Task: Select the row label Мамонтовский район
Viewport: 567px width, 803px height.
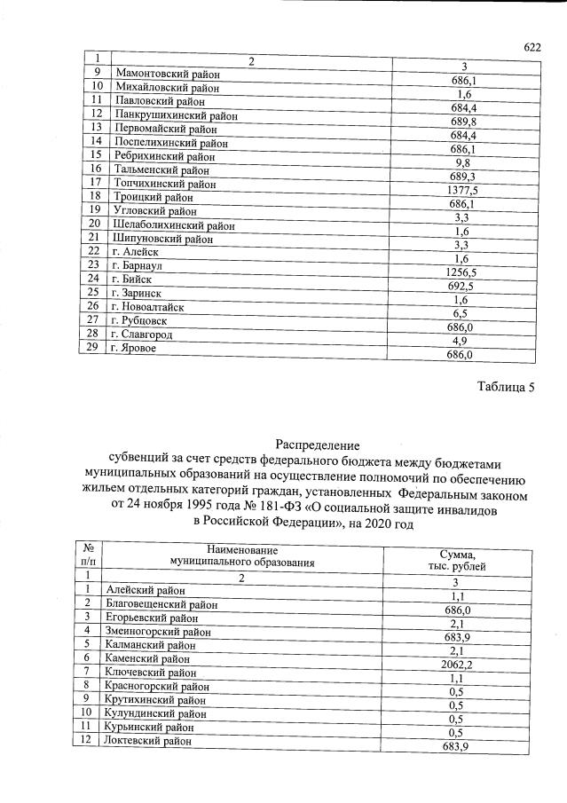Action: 166,75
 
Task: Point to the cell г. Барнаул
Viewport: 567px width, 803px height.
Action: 138,265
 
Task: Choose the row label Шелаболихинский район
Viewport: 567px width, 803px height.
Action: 174,224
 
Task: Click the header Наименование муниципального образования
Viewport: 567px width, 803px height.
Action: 242,556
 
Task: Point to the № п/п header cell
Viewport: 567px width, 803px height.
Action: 88,556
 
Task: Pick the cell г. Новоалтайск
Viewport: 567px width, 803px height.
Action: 147,306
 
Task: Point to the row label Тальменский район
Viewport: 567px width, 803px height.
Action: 161,169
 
